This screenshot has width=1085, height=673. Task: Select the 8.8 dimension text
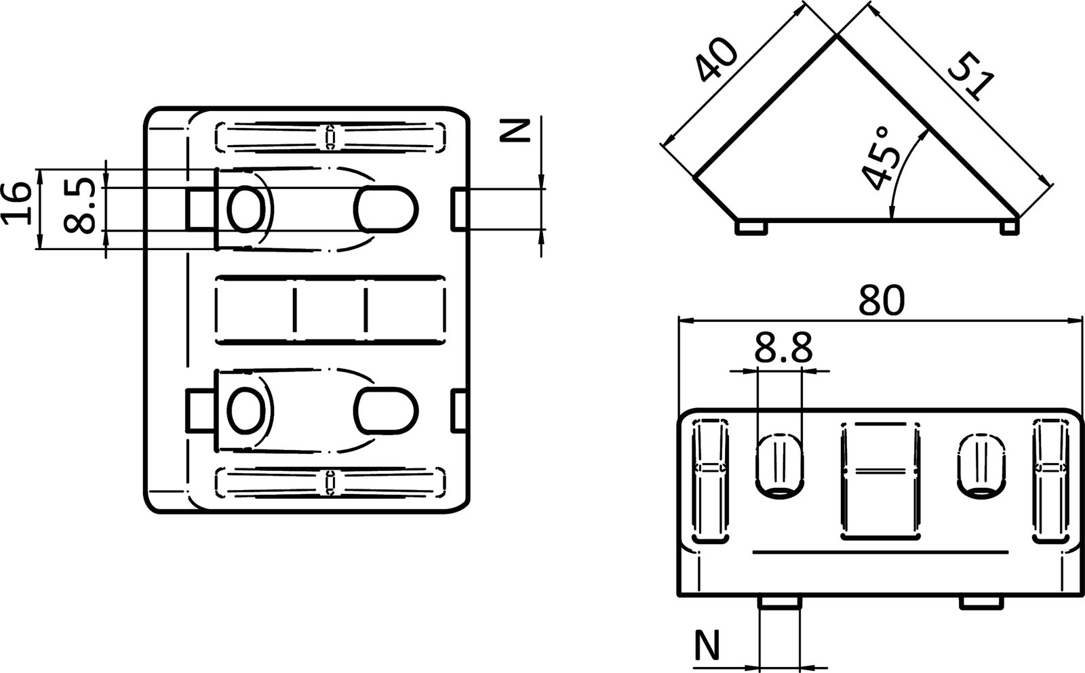(781, 350)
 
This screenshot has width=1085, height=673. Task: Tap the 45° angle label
(879, 158)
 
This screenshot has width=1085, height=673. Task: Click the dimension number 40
(716, 60)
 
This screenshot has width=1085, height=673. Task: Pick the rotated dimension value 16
(17, 203)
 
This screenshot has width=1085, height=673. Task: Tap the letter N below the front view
(708, 645)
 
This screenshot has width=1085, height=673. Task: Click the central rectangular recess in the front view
(881, 481)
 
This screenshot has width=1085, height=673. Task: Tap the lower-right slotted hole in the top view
(385, 411)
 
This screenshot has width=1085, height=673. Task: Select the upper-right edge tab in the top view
(460, 209)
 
